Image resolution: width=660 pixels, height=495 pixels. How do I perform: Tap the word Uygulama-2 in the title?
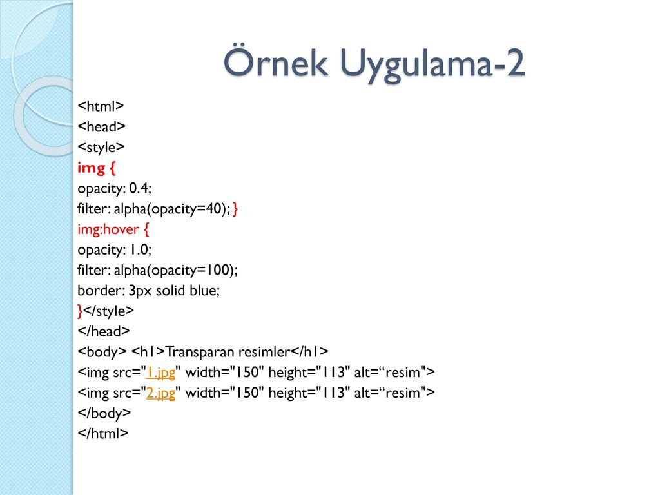(x=432, y=64)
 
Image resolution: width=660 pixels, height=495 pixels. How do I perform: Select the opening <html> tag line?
(x=101, y=106)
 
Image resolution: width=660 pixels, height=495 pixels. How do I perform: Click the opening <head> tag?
(x=101, y=126)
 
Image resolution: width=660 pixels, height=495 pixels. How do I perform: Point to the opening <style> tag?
(x=101, y=148)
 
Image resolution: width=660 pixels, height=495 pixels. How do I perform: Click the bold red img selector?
(x=92, y=168)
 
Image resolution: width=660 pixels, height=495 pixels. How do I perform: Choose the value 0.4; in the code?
(x=140, y=188)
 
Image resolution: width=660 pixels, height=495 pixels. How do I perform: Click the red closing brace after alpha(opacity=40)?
(x=235, y=208)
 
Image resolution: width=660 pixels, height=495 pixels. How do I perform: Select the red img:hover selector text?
(x=108, y=229)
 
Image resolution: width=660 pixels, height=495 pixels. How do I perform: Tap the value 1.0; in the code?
(x=140, y=249)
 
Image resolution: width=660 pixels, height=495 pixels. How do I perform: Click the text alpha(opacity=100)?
(x=175, y=270)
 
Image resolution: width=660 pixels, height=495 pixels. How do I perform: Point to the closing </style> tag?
(x=108, y=311)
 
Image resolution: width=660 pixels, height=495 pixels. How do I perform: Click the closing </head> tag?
(x=104, y=331)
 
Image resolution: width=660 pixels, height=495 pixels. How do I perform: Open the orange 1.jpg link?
(x=160, y=373)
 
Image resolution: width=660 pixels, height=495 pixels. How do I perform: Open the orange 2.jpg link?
(x=160, y=393)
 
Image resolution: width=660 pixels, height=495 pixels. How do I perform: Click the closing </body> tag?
(x=104, y=413)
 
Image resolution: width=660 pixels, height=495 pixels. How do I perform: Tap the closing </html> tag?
(x=102, y=433)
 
